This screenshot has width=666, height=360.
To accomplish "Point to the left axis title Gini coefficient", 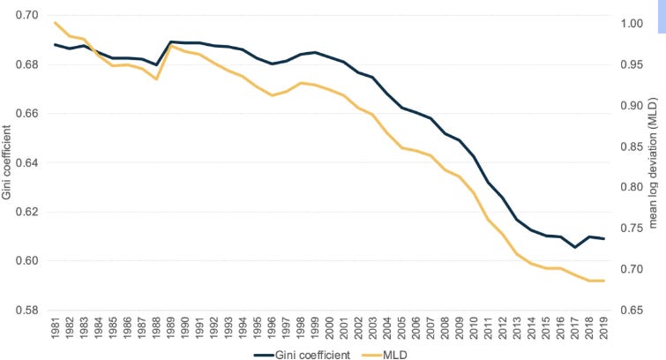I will pos(8,163).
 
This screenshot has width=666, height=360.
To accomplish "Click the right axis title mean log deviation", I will pos(654,163).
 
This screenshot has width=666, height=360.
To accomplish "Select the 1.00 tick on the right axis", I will pos(632,24).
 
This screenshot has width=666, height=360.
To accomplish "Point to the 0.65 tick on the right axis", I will pos(632,311).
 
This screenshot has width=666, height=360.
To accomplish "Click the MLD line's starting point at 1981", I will pos(55,22).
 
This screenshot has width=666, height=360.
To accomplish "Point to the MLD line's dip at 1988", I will pos(155,79).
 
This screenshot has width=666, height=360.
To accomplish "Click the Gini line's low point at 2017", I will pos(574,247).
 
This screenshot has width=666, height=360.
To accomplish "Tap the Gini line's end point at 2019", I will pos(603,239).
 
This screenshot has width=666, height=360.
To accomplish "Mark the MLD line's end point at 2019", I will pos(603,281).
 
